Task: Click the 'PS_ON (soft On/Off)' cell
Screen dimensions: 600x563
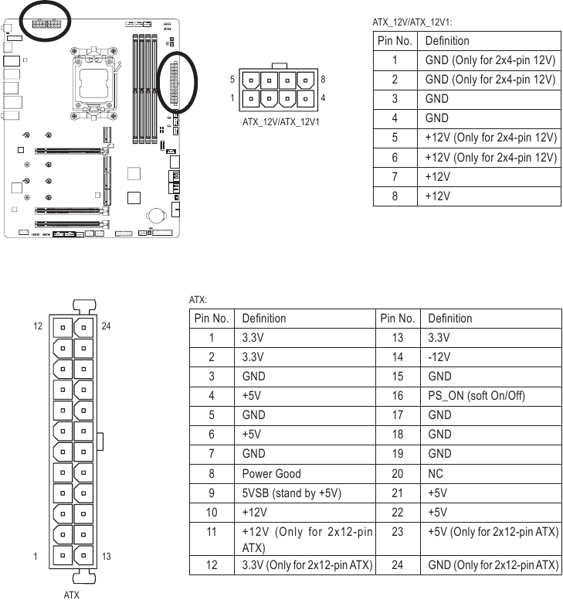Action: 477,396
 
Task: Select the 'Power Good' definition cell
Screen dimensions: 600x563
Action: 271,473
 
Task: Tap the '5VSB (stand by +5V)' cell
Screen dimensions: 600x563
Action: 291,493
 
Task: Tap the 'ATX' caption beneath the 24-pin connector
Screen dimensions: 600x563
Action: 72,595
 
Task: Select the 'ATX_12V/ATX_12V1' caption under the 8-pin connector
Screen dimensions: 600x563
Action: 281,121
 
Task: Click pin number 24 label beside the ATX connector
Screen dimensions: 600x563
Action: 107,326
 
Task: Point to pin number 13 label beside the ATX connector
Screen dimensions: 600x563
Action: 107,557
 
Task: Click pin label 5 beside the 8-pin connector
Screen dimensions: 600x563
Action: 232,80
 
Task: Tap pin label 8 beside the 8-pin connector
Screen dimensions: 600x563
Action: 323,80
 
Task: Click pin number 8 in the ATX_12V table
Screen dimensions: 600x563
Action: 395,196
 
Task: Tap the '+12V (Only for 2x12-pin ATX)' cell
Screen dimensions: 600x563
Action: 307,540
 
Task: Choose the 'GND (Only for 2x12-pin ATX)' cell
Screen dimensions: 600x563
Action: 493,565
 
